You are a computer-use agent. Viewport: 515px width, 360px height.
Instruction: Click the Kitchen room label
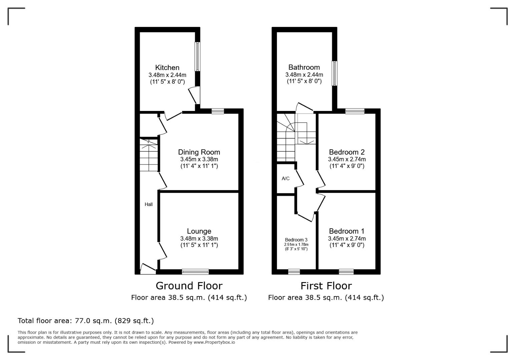pos(167,68)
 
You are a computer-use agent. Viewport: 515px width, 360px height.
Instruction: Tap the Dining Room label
pos(199,152)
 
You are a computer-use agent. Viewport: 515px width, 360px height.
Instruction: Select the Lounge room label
pos(199,231)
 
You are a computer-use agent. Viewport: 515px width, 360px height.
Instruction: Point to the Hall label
pos(148,204)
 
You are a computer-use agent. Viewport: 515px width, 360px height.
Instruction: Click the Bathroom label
pos(304,67)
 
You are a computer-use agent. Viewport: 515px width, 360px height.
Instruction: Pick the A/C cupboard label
pos(286,179)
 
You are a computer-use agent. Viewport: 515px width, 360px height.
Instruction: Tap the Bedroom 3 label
pos(296,240)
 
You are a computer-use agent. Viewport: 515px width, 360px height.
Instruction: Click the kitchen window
pos(197,57)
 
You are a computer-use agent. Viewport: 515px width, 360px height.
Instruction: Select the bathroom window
pos(335,73)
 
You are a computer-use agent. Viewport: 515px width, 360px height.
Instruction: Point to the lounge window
pos(195,272)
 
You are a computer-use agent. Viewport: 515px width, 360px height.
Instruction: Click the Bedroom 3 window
pos(294,272)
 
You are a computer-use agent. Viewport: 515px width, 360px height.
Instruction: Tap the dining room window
pos(218,111)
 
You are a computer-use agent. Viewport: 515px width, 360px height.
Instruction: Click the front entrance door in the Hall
pos(148,269)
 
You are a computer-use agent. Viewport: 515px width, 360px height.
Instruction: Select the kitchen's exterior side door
pos(194,95)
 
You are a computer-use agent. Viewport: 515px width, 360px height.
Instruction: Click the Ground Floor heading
pos(189,286)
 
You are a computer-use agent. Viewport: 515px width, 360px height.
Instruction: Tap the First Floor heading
pos(326,286)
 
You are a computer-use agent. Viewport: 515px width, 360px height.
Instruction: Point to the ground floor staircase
pos(149,155)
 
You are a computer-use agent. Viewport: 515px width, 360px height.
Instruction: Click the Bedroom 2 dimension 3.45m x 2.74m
pos(347,159)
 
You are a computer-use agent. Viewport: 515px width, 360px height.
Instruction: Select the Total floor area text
pos(86,321)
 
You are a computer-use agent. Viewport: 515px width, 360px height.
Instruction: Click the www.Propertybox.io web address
pos(214,342)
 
